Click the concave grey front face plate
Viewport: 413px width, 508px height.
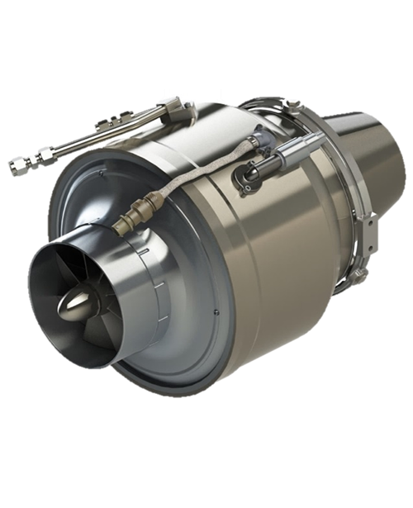[x=91, y=207]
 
